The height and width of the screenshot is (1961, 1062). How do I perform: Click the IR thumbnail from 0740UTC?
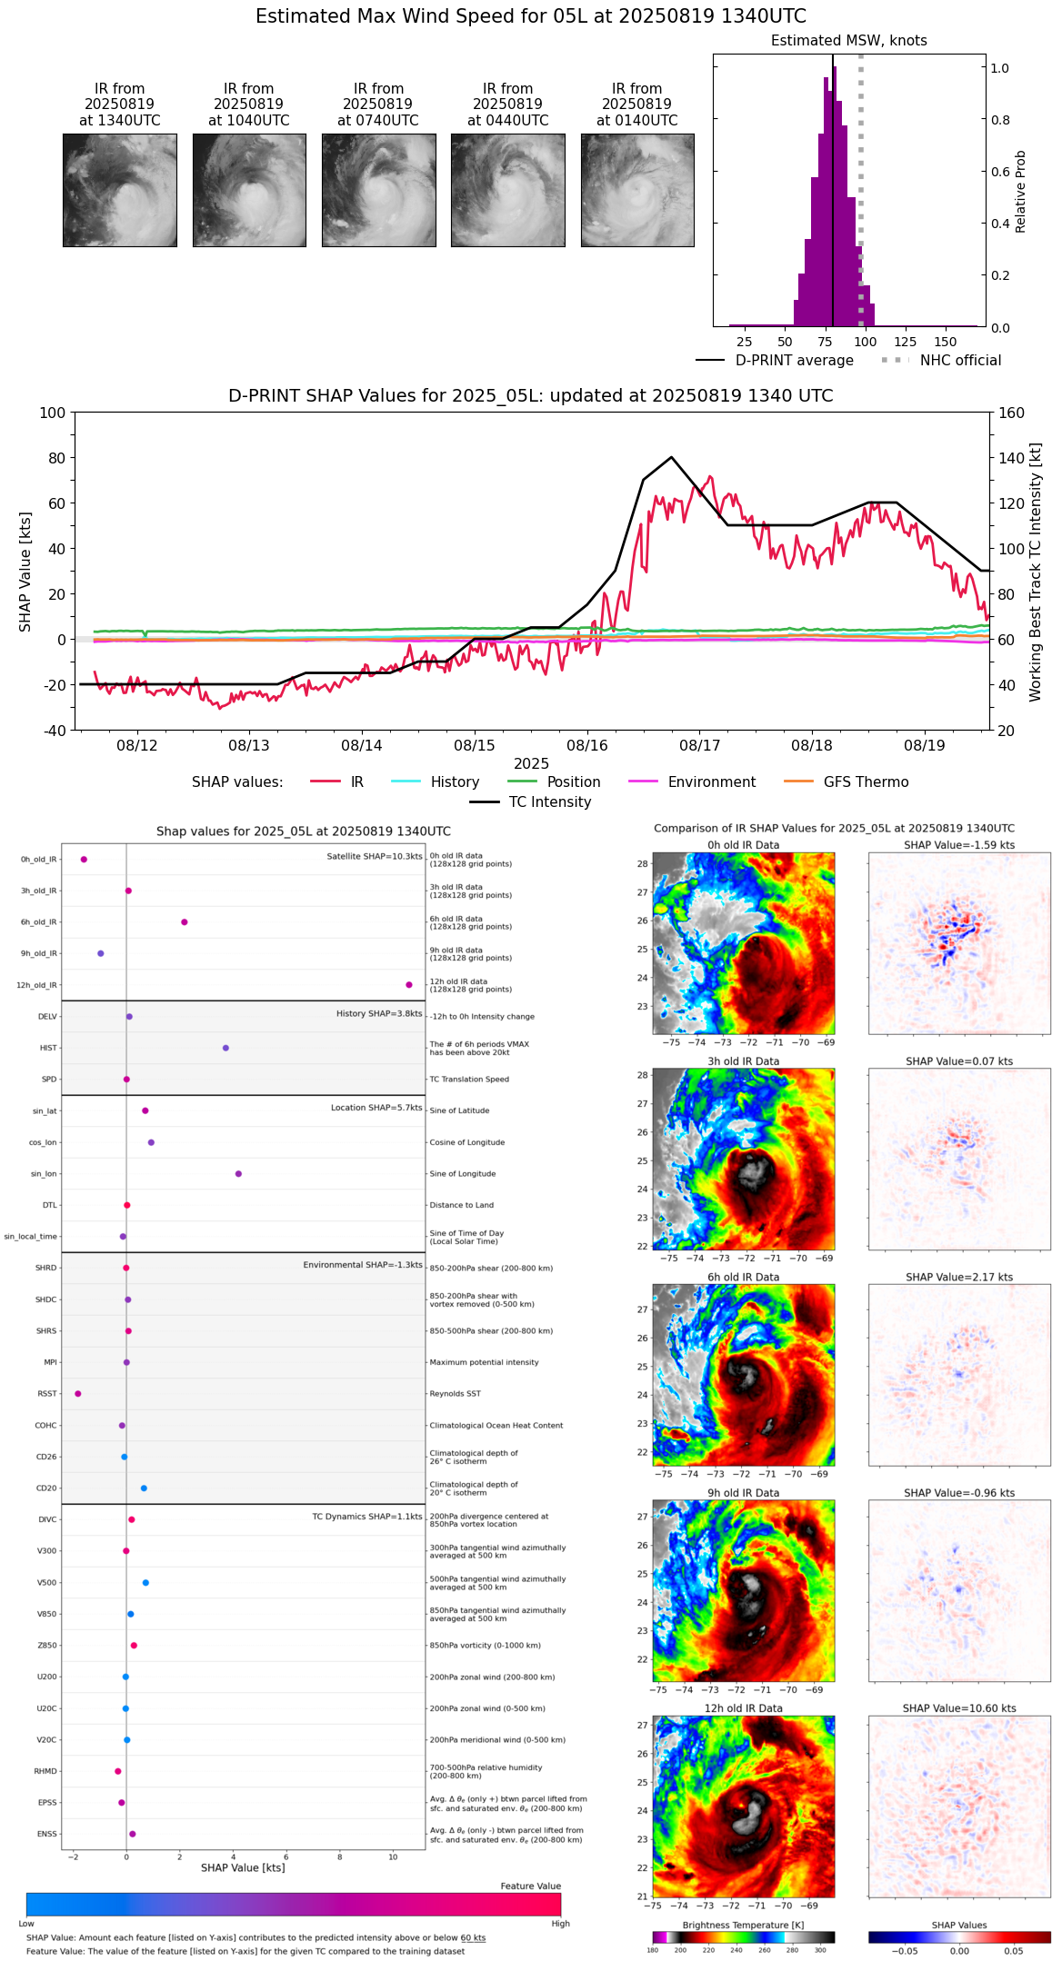tap(378, 190)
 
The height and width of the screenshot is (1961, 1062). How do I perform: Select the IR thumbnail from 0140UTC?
tap(637, 190)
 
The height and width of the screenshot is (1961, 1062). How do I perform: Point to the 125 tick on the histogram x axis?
tap(906, 342)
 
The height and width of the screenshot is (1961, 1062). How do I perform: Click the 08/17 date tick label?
tap(699, 745)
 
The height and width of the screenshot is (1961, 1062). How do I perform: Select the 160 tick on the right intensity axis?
tap(1012, 413)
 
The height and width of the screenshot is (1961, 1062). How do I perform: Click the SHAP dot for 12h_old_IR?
tap(409, 985)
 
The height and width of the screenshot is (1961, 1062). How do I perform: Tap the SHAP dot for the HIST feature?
tap(225, 1048)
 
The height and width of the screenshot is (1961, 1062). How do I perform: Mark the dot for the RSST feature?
tap(77, 1393)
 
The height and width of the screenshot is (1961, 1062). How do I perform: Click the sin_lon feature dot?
tap(238, 1173)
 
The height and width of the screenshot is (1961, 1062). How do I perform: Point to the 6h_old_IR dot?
tap(185, 922)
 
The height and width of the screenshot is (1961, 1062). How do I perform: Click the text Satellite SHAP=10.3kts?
tap(374, 857)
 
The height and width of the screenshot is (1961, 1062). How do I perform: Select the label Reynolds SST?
tap(455, 1394)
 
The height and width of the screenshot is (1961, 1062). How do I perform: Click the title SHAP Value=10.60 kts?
tap(959, 1708)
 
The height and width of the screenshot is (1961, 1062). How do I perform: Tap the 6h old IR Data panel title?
tap(743, 1277)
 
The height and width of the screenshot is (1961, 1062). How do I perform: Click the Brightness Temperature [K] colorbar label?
tap(743, 1925)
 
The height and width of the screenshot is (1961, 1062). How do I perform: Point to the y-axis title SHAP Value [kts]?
tap(25, 572)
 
